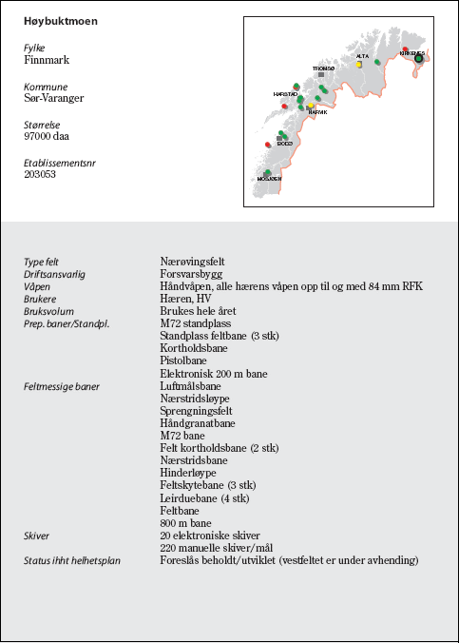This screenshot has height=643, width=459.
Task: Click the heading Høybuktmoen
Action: [x=61, y=20]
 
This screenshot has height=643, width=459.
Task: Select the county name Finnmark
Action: [x=47, y=60]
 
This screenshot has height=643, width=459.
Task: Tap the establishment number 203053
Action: [x=40, y=174]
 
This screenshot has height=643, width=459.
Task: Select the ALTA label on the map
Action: [x=362, y=56]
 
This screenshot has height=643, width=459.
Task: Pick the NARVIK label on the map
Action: [x=317, y=112]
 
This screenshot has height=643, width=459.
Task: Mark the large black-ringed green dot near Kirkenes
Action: [x=418, y=58]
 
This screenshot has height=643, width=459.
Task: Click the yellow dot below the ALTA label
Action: [x=359, y=65]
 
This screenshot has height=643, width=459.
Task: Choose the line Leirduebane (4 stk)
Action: [x=204, y=497]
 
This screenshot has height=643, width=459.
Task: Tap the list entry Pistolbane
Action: [x=184, y=361]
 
